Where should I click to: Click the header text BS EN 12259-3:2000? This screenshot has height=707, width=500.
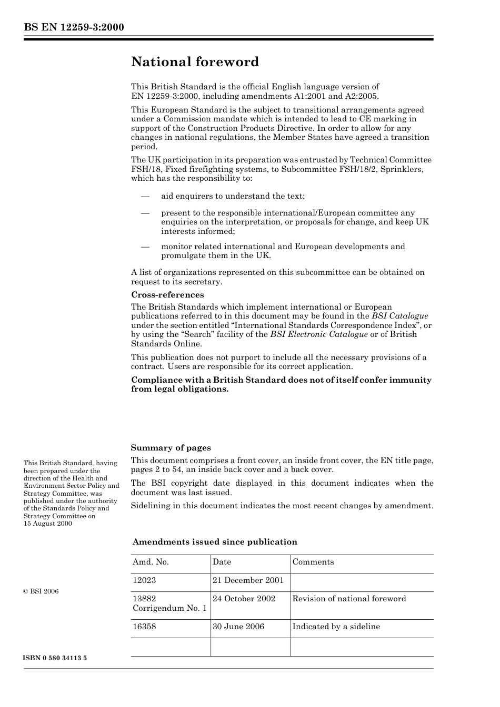(74, 27)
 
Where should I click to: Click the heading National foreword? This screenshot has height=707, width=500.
(195, 62)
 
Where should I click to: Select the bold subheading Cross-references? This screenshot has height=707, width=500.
(167, 295)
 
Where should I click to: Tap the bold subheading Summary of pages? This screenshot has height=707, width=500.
(171, 448)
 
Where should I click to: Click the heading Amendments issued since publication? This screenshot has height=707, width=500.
(215, 542)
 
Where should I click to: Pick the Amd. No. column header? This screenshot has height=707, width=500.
(151, 562)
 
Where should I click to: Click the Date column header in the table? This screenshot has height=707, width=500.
(222, 562)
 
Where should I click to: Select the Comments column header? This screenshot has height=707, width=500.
(313, 562)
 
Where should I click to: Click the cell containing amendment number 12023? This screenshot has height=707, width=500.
(144, 580)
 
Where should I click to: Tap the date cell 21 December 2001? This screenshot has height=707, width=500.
(248, 580)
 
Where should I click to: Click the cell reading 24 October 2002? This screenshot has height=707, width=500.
(244, 599)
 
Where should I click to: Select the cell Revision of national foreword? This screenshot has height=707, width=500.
(349, 599)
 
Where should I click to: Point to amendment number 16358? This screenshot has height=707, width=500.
(144, 627)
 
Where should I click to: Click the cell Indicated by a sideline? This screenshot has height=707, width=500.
(336, 627)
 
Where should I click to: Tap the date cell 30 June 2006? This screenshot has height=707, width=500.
(238, 627)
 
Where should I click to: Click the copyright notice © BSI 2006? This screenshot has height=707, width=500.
(41, 591)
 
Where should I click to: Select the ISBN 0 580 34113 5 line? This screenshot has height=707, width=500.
(55, 659)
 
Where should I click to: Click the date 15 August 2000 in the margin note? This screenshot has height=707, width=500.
(48, 524)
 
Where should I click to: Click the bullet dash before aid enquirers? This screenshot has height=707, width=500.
(145, 196)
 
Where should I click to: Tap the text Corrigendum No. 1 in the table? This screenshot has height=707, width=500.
(169, 608)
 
